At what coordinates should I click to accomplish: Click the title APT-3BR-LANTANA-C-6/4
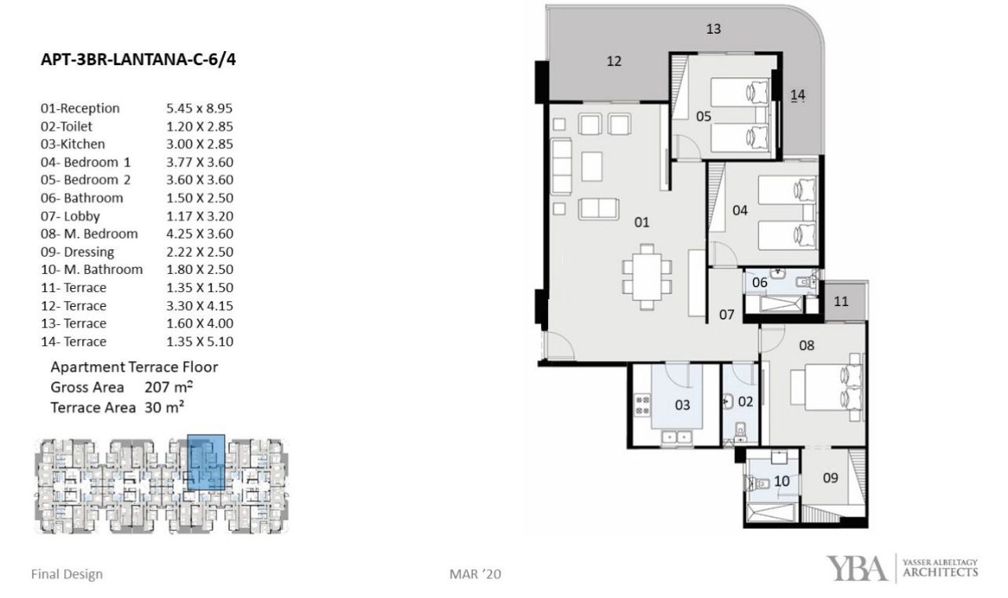coord(138,60)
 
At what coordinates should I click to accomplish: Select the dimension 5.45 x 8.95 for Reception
coord(199,108)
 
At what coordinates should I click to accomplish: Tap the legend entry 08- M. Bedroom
coord(89,234)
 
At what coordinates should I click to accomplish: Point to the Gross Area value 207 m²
coord(170,387)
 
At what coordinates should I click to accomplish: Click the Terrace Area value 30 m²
coord(164,407)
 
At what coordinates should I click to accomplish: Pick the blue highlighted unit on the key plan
coord(206,462)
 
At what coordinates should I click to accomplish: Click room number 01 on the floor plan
coord(641,222)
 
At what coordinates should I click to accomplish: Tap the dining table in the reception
coord(647,277)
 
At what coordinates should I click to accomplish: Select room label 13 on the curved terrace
coord(714,29)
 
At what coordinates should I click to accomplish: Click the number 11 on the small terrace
coord(841,301)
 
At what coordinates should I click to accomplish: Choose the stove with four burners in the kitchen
coord(643,404)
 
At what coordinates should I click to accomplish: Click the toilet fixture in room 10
coord(757,483)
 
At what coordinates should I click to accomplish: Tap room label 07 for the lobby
coord(726,315)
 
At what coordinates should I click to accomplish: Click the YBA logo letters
coord(856,568)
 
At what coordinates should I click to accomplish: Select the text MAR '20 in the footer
coord(475,574)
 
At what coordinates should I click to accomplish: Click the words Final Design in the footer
coord(67,574)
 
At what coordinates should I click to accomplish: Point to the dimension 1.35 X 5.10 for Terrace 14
coord(200,341)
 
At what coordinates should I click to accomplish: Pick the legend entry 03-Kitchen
coord(73,144)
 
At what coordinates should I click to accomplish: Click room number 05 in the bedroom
coord(703,117)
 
